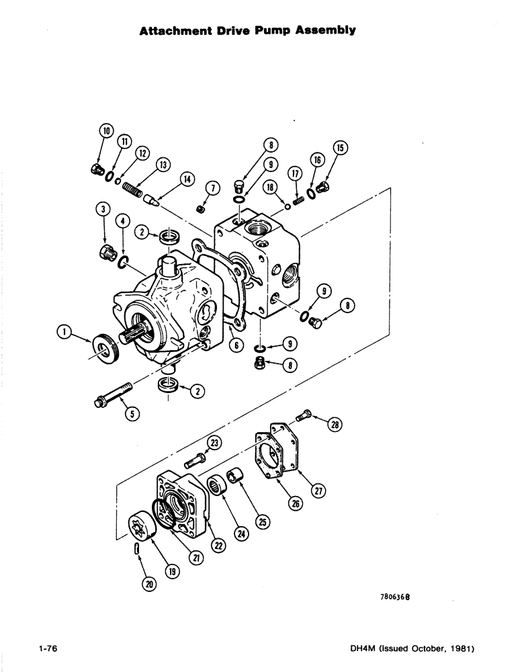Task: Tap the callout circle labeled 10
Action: (105, 131)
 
